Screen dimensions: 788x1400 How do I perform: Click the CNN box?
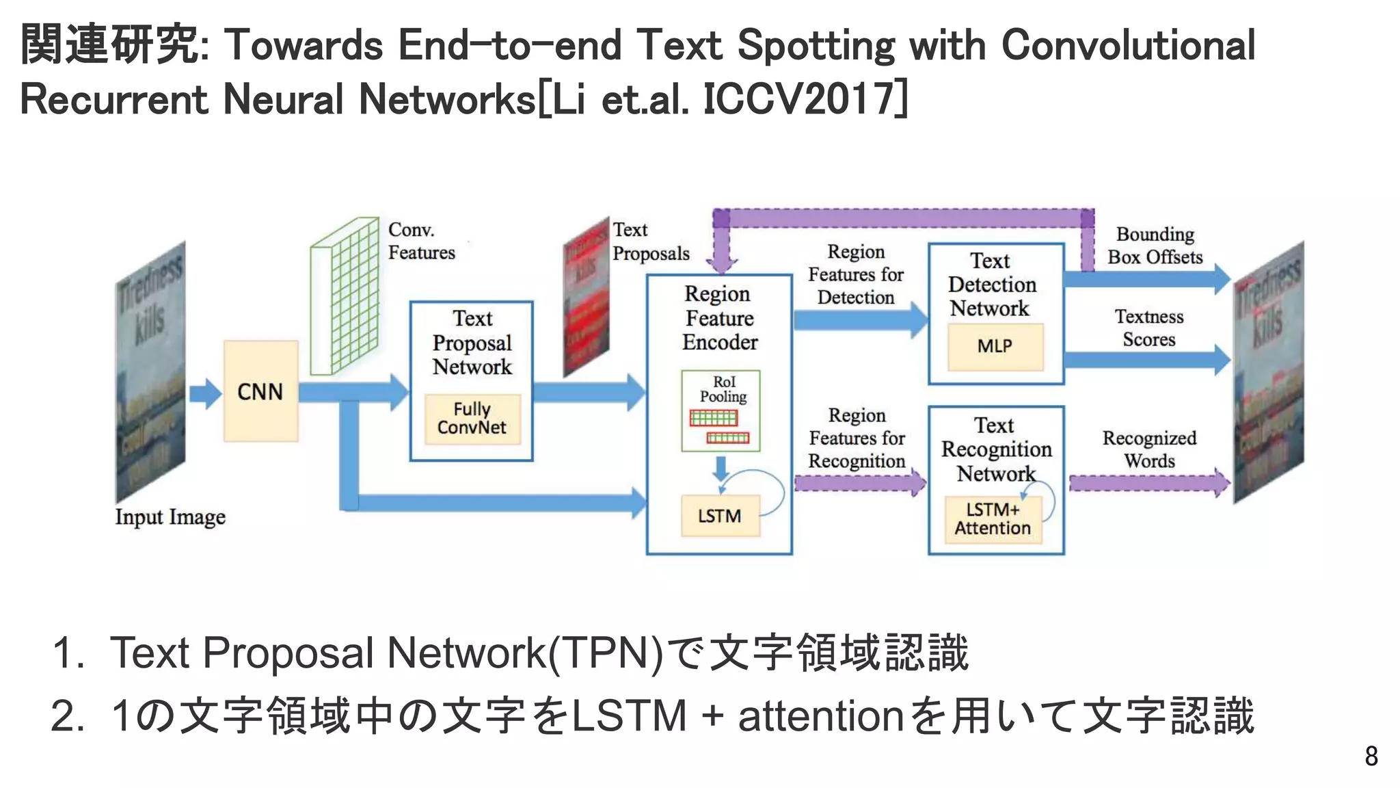coord(260,391)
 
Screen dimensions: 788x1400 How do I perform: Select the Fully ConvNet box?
coord(472,419)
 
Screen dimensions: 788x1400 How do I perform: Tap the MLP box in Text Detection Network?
coord(995,346)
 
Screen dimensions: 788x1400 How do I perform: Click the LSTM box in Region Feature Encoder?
coord(720,516)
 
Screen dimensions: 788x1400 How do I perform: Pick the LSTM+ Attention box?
coord(993,519)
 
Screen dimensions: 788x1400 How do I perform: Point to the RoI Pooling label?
coord(723,389)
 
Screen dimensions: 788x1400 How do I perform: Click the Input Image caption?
coord(170,517)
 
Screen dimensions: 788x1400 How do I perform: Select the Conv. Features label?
coord(421,241)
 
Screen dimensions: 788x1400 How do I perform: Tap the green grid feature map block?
coord(345,295)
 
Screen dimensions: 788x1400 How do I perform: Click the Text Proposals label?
coord(650,241)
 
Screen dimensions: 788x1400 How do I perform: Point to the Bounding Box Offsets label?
coord(1155,246)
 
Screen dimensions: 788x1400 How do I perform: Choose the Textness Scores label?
coord(1149,328)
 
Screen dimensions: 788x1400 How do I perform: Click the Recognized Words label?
coord(1149,449)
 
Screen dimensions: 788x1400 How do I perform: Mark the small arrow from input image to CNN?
coord(204,393)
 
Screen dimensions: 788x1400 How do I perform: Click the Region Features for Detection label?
coord(856,274)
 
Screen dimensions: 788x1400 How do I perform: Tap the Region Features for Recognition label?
coord(857,438)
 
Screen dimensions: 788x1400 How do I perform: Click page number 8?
coord(1371,756)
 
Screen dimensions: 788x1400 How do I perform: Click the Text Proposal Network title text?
coord(472,343)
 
